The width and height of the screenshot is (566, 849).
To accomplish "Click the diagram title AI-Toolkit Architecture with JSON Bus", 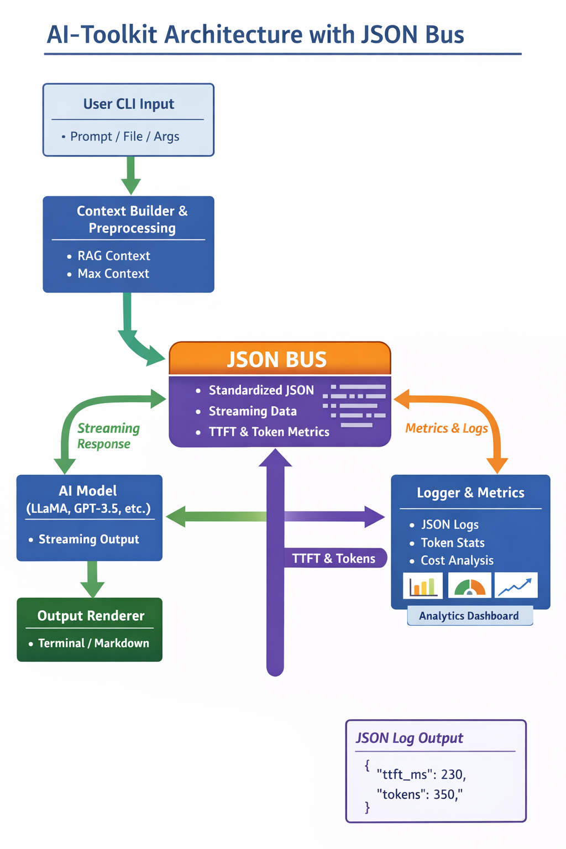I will (x=255, y=34).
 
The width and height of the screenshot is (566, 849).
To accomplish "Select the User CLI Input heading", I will (x=128, y=104).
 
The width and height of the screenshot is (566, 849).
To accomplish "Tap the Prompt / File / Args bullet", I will (x=124, y=137).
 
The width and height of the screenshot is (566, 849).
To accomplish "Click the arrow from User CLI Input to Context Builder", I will (x=130, y=175).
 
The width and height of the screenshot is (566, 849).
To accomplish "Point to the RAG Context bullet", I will (x=113, y=256).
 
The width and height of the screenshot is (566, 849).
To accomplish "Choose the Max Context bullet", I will (x=113, y=274).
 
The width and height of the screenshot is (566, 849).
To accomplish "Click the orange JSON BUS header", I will (x=277, y=359).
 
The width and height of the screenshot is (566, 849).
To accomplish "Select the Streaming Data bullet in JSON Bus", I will (x=253, y=411).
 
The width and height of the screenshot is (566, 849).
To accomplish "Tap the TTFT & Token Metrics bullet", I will (x=269, y=432).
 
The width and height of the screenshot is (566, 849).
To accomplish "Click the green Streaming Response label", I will (x=108, y=436).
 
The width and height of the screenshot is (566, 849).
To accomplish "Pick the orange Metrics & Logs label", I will (x=447, y=428).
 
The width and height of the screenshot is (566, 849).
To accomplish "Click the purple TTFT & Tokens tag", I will (x=333, y=559).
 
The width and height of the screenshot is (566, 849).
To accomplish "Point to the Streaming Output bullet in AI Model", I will (x=88, y=539).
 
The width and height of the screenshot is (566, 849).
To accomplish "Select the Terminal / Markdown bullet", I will (x=93, y=643).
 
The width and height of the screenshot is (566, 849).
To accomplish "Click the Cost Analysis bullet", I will (x=457, y=560).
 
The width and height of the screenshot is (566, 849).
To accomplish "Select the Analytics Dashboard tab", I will (x=469, y=616).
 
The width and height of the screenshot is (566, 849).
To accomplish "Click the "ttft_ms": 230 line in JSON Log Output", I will (x=421, y=774).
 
